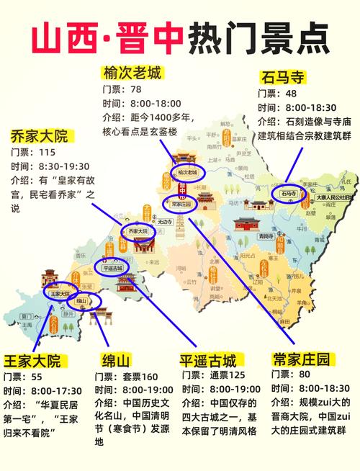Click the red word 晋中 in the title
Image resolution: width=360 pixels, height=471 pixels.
click(148, 36)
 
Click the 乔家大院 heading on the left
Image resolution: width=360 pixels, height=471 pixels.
click(39, 135)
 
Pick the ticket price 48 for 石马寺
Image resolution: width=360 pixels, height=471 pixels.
click(292, 93)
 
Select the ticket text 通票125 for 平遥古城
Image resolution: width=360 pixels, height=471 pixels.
click(228, 375)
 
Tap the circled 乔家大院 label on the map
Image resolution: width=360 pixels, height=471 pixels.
click(138, 231)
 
